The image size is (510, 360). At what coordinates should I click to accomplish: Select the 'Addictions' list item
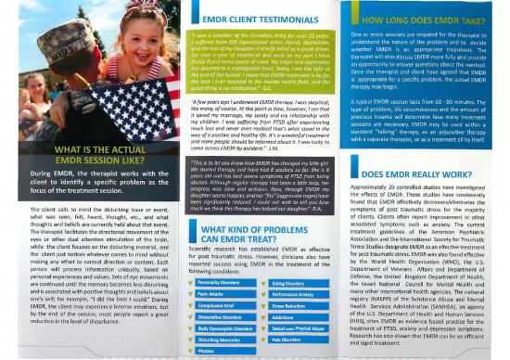(286, 290)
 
